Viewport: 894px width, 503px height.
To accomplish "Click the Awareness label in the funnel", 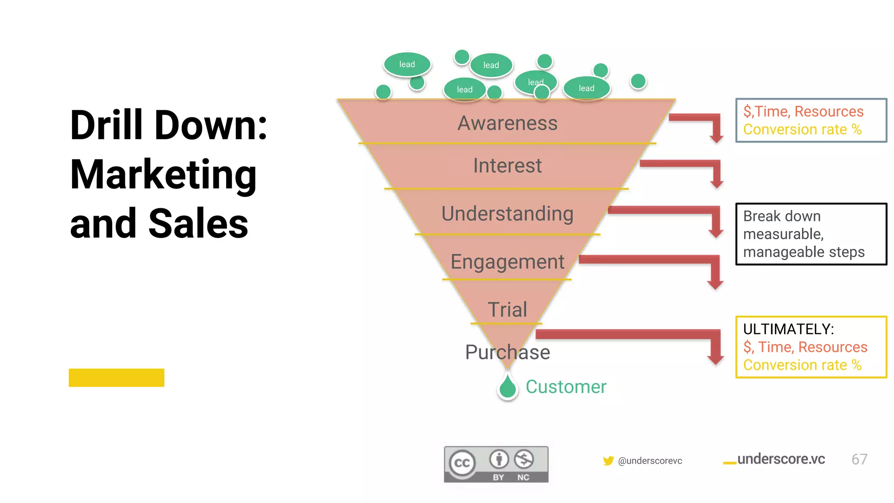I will click(x=507, y=123).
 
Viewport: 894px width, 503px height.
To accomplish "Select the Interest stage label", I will click(x=507, y=166).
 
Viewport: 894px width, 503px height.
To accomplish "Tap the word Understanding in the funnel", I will click(x=507, y=214).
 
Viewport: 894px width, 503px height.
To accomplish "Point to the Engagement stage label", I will click(x=507, y=262).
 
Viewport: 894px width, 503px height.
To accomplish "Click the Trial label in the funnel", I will click(x=507, y=310).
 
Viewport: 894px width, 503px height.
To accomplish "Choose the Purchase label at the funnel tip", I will click(x=507, y=352).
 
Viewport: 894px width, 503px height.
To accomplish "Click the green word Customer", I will click(x=566, y=387).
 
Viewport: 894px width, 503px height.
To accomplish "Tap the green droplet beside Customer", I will click(x=508, y=387).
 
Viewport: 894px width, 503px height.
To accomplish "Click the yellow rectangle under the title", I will click(x=117, y=378).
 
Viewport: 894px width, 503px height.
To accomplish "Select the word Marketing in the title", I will click(x=163, y=175).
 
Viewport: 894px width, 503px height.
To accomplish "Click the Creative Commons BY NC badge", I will click(x=496, y=465).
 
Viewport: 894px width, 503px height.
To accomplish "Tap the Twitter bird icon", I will click(x=608, y=461).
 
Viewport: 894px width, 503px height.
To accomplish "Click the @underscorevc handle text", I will click(x=650, y=461).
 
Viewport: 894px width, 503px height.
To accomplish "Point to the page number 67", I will click(x=859, y=459).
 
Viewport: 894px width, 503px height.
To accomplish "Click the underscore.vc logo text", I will click(x=781, y=459).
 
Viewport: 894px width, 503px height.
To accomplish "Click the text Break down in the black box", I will click(x=782, y=216).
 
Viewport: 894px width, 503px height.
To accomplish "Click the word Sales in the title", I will click(x=198, y=224).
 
